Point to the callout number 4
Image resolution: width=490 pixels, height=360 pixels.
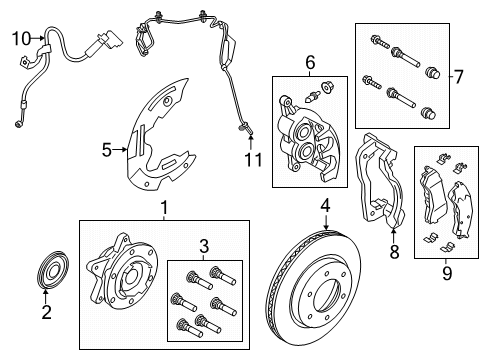click(325, 208)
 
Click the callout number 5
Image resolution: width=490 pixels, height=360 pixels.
click(107, 151)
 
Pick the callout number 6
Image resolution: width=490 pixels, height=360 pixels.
click(310, 62)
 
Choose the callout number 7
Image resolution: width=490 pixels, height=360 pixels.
click(459, 75)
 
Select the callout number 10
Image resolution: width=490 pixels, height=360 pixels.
click(21, 39)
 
